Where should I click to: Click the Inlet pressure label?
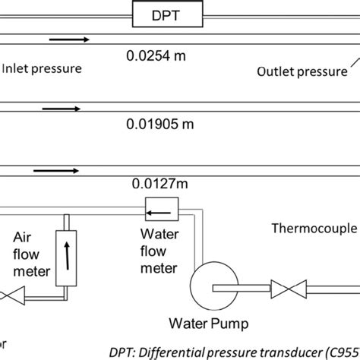(x=41, y=69)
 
